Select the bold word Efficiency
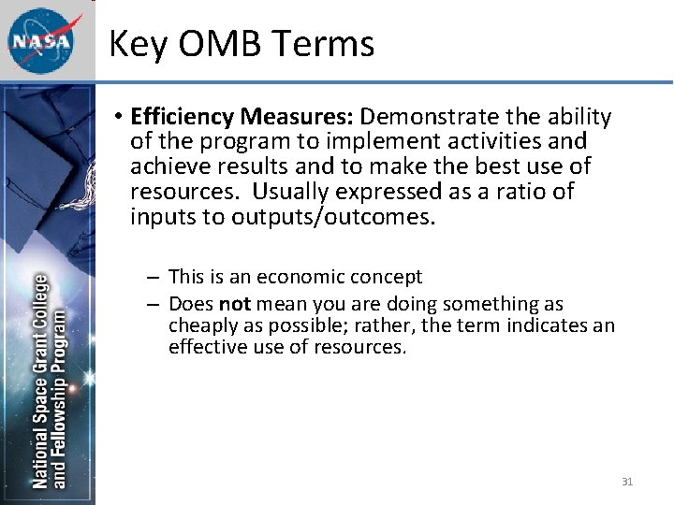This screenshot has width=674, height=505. (x=183, y=117)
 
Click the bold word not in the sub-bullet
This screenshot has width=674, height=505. (x=234, y=304)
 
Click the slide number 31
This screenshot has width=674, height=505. (x=627, y=482)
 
